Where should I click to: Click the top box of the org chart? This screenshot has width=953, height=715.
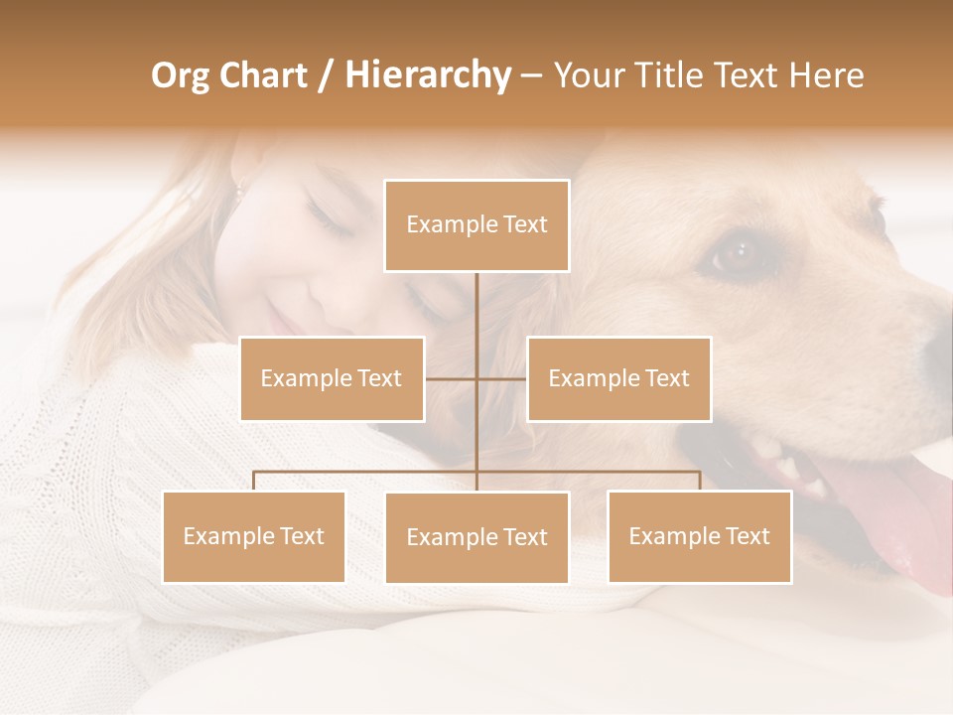click(x=476, y=225)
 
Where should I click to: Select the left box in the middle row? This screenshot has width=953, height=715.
click(x=332, y=378)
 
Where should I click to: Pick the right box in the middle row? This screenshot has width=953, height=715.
click(x=618, y=378)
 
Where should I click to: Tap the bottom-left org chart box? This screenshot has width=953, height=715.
click(x=254, y=536)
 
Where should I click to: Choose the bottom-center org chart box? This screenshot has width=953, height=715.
click(x=476, y=537)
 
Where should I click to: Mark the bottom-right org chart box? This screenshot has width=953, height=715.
click(x=699, y=536)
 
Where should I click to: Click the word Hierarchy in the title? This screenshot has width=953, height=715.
click(x=427, y=75)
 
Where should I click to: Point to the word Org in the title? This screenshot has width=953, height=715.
click(x=180, y=76)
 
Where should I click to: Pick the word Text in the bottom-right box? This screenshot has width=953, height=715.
click(x=748, y=536)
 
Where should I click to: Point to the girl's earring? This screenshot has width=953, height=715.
click(x=238, y=190)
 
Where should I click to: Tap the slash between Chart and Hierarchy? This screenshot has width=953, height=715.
click(x=326, y=76)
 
